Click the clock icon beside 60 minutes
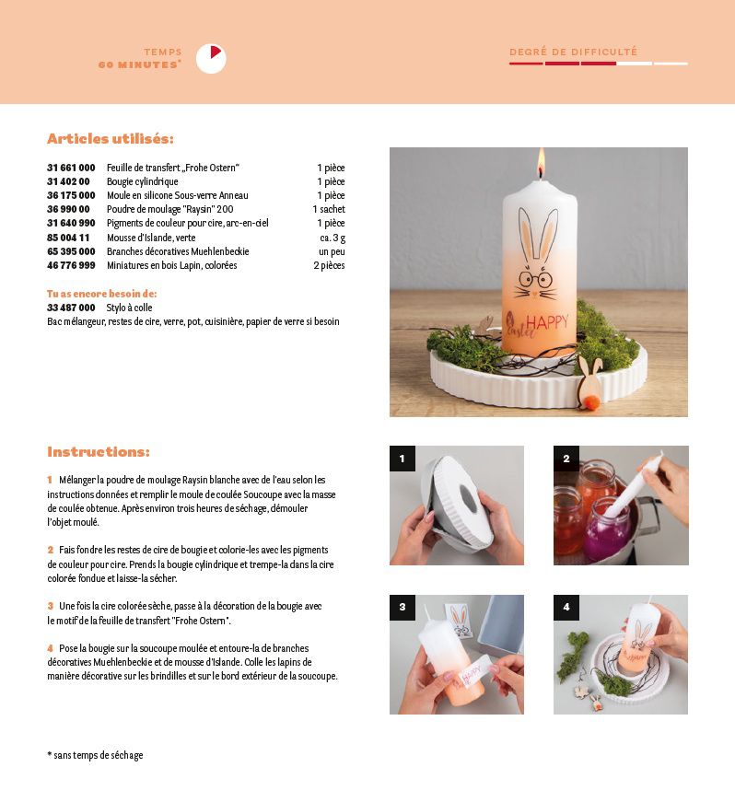click(x=211, y=58)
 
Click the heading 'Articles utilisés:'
click(x=111, y=139)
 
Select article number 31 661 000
click(x=71, y=168)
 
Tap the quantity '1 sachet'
click(x=329, y=209)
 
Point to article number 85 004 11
click(x=68, y=238)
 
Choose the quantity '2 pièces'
click(x=330, y=265)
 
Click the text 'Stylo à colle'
click(x=129, y=308)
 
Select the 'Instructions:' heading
click(x=99, y=451)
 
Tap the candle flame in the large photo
click(x=542, y=162)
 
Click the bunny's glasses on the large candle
click(x=535, y=279)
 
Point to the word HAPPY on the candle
click(x=547, y=323)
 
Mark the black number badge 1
click(x=402, y=459)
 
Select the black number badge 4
click(x=566, y=607)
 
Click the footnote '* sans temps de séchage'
click(x=95, y=755)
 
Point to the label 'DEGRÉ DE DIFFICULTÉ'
click(x=574, y=52)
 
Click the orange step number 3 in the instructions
click(x=50, y=606)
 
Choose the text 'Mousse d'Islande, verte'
click(x=151, y=238)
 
